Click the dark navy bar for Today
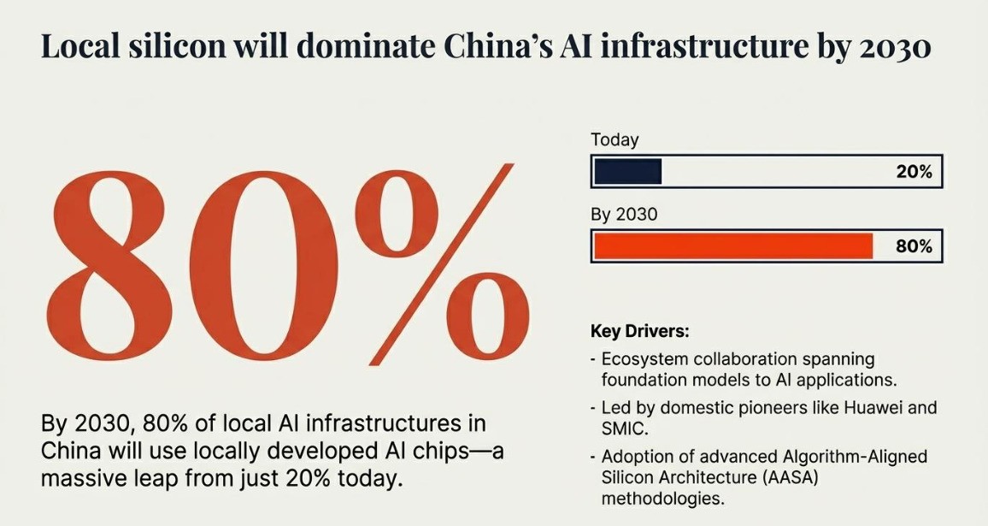point(627,171)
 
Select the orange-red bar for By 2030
point(732,246)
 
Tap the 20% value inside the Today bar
point(914,172)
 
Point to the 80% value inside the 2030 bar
point(914,247)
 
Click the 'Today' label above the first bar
point(615,139)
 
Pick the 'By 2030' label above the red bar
point(624,215)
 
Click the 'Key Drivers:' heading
point(639,331)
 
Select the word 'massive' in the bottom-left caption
point(82,477)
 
